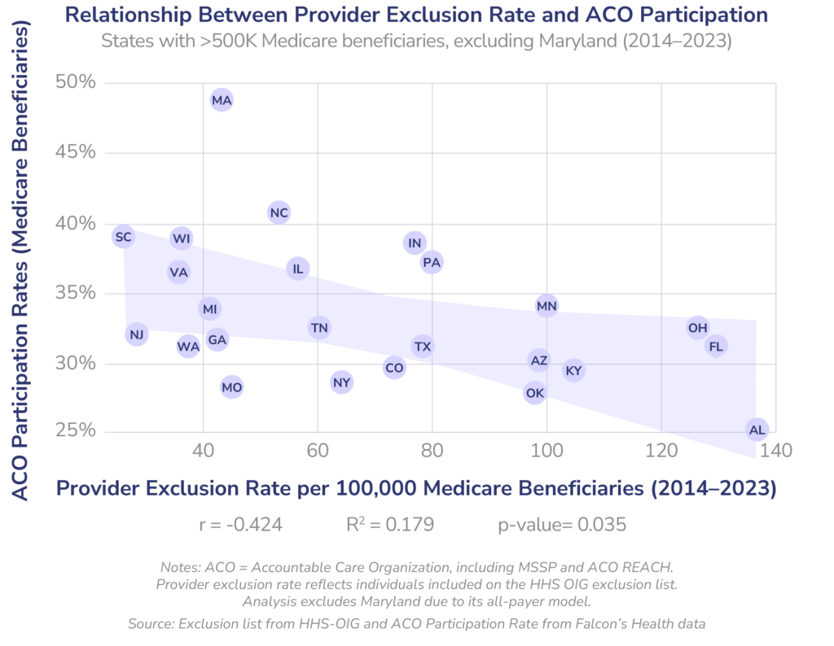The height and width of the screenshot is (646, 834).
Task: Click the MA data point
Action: pos(222,101)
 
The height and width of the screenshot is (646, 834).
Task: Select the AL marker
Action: pos(757,430)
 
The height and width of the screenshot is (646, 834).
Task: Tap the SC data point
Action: pos(123,237)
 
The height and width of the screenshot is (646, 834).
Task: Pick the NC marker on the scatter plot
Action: pos(279,213)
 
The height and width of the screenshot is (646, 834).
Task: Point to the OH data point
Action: pos(697,328)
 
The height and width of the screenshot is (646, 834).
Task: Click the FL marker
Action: pos(716,347)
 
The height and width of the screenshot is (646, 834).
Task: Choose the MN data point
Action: pos(546,306)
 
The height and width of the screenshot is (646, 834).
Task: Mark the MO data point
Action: pos(232,387)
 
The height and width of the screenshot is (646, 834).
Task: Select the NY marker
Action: pos(341,382)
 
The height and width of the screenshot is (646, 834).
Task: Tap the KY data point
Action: pos(573,371)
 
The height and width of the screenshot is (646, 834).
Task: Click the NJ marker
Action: pos(137,334)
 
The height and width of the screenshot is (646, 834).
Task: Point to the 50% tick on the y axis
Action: pos(76,82)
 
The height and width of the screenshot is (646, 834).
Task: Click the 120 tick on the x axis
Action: pos(661,450)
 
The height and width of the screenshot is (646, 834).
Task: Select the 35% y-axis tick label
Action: pos(76,292)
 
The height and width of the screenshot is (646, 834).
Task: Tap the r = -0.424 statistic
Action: pos(240,525)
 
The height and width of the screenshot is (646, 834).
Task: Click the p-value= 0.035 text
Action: pos(562,525)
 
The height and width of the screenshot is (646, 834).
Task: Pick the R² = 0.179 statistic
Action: pos(390,525)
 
